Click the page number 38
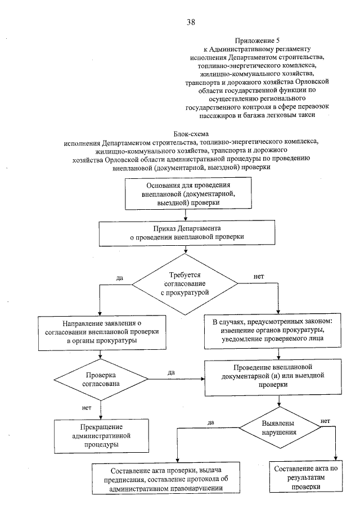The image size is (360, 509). tap(191, 22)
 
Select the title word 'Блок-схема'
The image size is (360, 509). tap(191, 135)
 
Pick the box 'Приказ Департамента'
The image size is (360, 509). tap(191, 233)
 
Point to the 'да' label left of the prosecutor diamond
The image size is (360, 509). tap(119, 278)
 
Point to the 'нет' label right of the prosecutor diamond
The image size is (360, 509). tap(259, 277)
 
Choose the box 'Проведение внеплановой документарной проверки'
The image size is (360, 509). tap(277, 376)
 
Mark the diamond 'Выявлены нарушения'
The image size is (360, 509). tap(277, 427)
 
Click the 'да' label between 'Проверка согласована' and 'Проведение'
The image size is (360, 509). tap(171, 372)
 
